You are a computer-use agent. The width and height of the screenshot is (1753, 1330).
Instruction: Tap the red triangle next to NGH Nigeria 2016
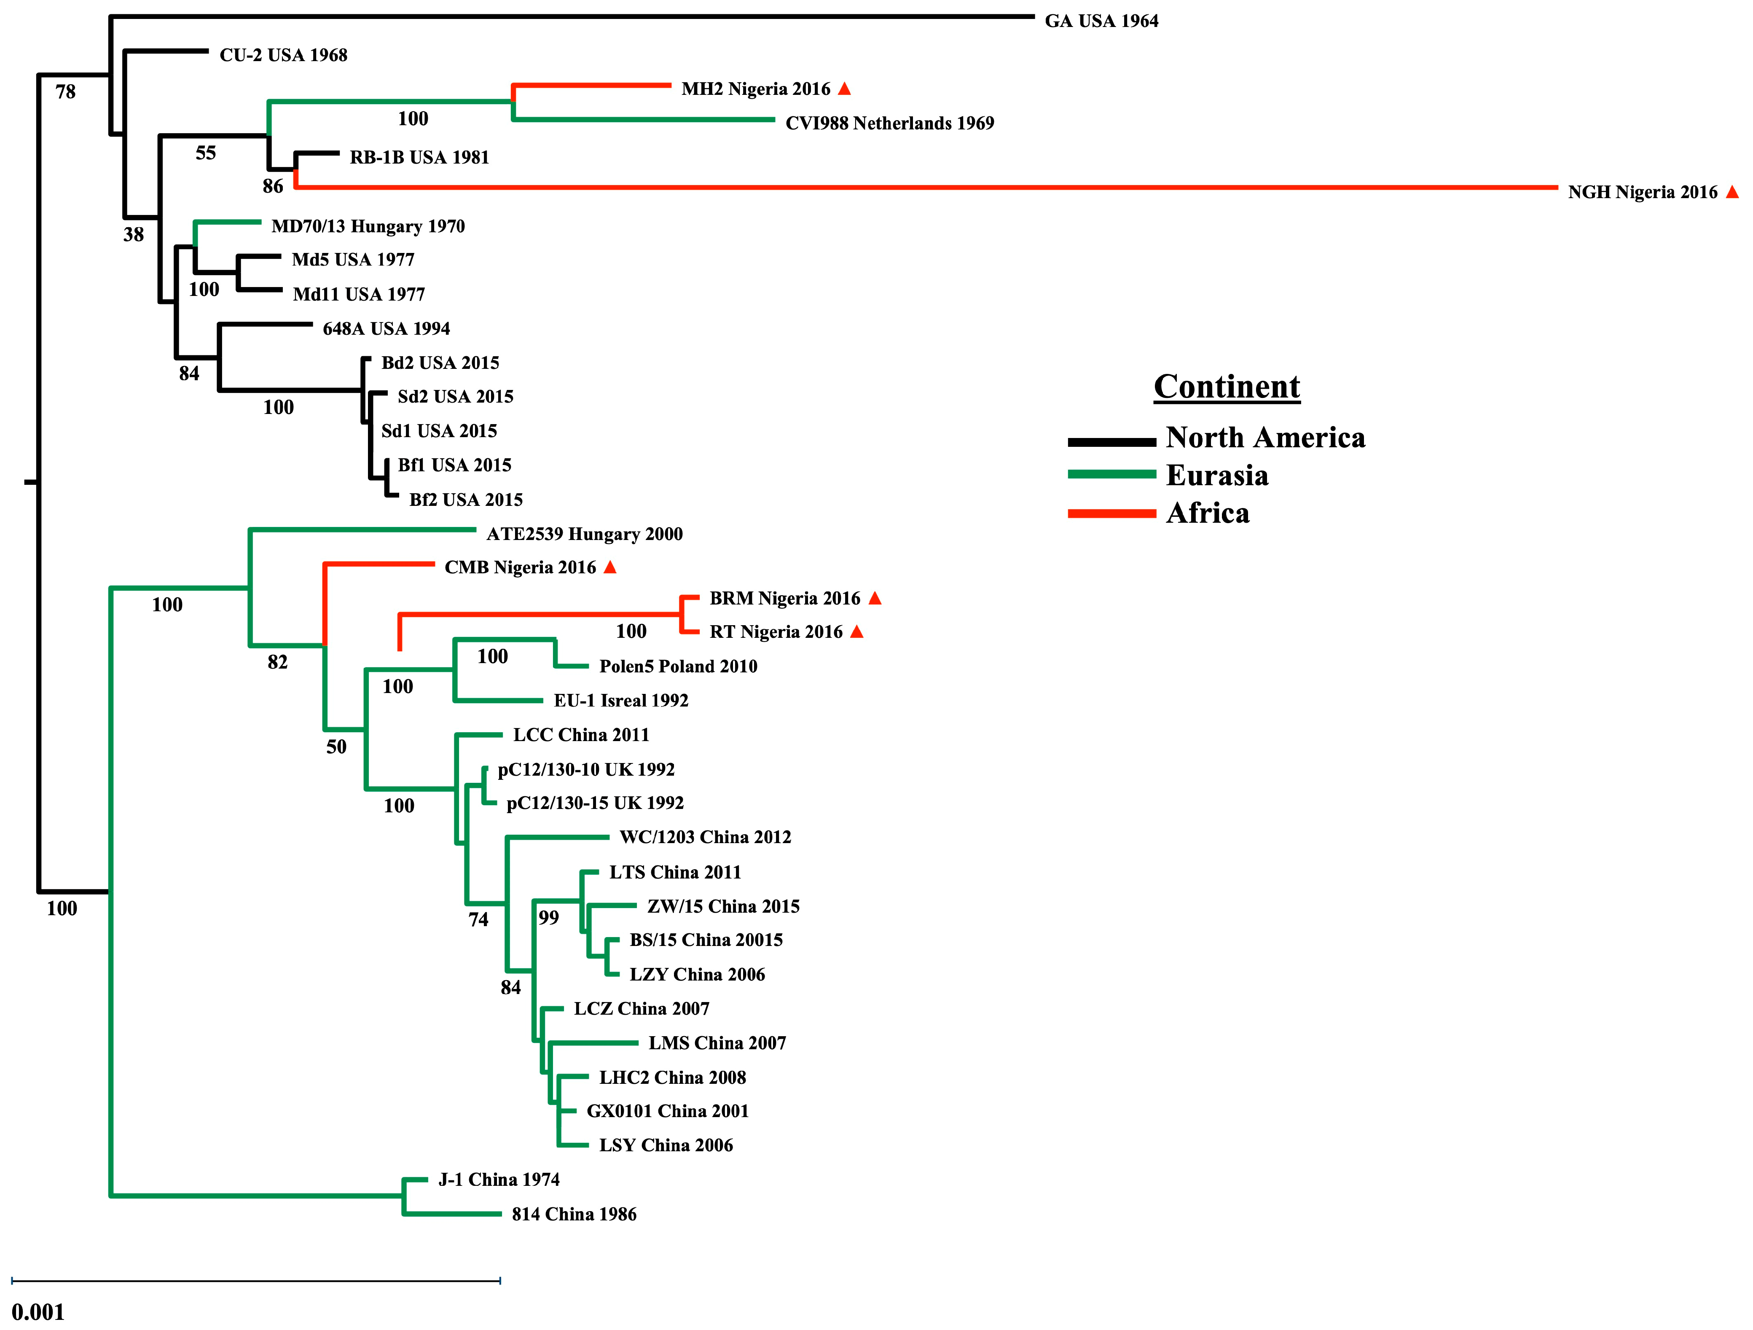tap(1732, 192)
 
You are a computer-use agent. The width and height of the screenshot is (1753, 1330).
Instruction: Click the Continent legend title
tap(1226, 387)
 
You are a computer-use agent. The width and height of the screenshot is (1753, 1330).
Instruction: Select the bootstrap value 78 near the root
tap(66, 92)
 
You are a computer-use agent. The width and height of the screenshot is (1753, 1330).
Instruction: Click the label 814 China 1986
tap(574, 1214)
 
